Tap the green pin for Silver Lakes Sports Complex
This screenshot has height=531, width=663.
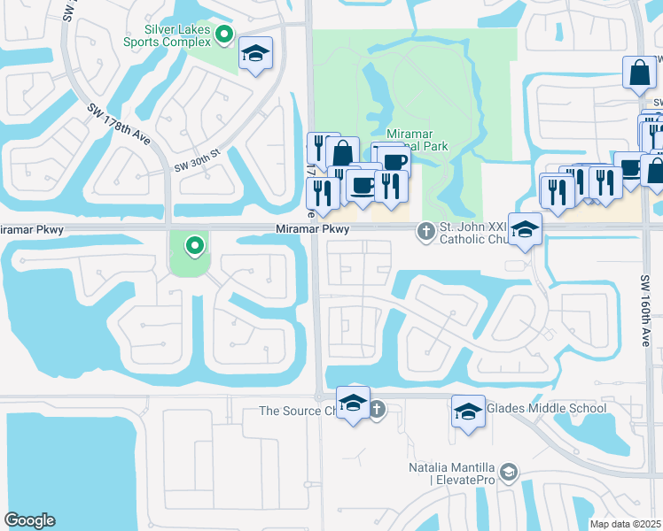coord(225,36)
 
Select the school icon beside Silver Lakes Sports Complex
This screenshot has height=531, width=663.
coord(255,55)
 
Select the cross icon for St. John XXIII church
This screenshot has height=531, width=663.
coord(425,232)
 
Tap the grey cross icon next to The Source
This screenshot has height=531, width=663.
coord(377,409)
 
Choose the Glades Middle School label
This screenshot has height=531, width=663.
coord(546,408)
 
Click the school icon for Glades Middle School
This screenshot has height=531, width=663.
coord(468,412)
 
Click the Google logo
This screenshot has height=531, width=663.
coord(29,520)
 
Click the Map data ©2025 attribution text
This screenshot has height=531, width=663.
coord(624,524)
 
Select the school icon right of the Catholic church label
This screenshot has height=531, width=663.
coord(525,230)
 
